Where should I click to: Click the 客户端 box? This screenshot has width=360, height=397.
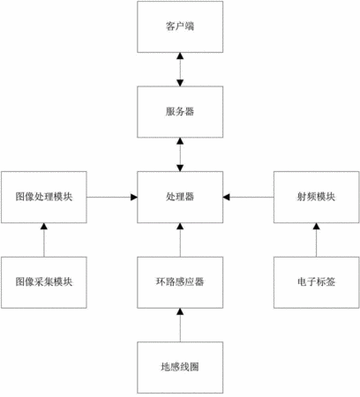180,26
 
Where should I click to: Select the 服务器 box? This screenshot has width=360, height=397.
180,112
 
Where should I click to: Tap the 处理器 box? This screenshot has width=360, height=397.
180,197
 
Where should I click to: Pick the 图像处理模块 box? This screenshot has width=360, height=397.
44,197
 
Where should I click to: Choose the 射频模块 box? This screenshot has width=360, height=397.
317,197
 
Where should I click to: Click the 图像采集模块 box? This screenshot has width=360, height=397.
44,282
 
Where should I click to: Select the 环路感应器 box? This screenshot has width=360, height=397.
180,282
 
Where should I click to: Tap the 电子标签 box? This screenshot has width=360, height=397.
317,282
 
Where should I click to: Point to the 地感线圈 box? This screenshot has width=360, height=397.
180,368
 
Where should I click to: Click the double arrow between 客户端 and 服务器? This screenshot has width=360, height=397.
180,70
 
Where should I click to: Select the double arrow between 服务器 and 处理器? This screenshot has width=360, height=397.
180,154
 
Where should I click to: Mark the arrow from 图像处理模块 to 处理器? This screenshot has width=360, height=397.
112,197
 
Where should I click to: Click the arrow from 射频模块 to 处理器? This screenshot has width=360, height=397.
248,197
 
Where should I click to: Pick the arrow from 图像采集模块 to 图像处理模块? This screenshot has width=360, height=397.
44,240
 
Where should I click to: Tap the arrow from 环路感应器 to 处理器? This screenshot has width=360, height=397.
180,240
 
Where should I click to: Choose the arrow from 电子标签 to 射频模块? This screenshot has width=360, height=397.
317,240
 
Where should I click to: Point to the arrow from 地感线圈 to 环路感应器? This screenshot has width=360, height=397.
180,325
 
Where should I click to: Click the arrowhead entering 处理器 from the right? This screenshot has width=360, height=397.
226,197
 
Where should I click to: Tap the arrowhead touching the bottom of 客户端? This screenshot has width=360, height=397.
180,56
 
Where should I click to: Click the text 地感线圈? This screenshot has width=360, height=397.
180,367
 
